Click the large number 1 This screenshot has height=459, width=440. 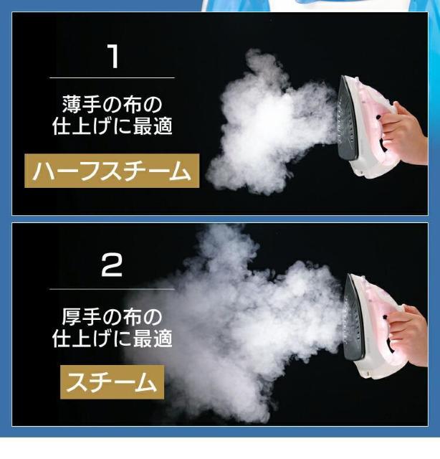coord(113,57)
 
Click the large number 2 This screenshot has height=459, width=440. coord(112,265)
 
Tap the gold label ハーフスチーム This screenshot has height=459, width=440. coord(112,171)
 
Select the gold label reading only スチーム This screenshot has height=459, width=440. coord(112,382)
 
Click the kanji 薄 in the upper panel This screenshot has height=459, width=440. coord(72,104)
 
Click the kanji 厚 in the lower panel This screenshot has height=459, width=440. coord(72,316)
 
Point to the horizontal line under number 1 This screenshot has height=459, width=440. coord(112,78)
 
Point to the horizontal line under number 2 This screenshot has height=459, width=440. coord(112,289)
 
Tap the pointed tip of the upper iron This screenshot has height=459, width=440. coord(343,77)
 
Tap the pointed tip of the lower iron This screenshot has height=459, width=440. coord(349,275)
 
